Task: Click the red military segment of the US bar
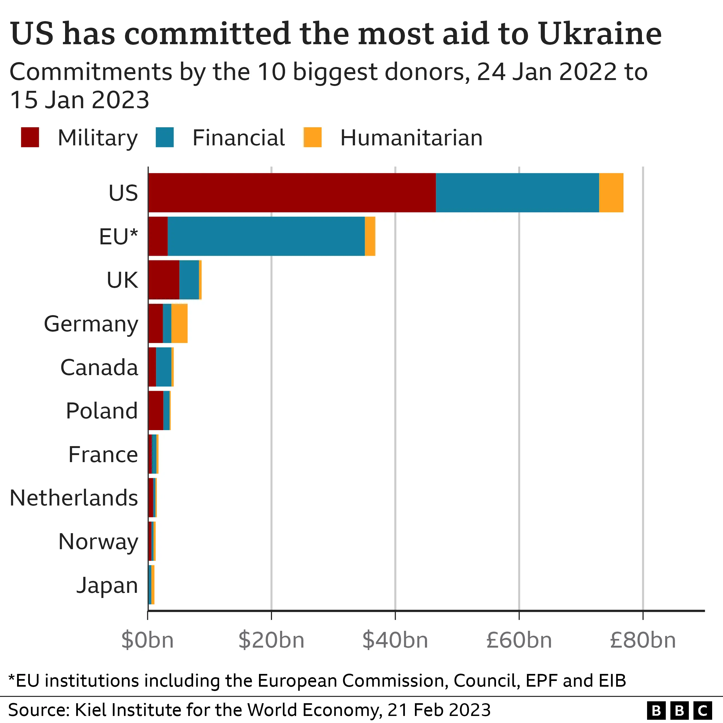[292, 193]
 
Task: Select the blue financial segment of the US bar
[517, 193]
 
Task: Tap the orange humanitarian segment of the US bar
[611, 193]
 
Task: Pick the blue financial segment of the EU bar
[266, 236]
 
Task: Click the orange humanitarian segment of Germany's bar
[179, 323]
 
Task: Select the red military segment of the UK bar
[164, 280]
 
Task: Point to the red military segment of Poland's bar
[156, 411]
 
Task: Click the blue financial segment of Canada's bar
[164, 367]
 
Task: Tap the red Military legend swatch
[30, 137]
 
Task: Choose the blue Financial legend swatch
[165, 137]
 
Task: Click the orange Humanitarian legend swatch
[312, 137]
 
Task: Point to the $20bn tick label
[271, 640]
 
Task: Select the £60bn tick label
[519, 640]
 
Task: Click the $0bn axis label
[148, 640]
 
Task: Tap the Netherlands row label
[74, 498]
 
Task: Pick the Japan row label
[107, 585]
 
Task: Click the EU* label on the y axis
[118, 236]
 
